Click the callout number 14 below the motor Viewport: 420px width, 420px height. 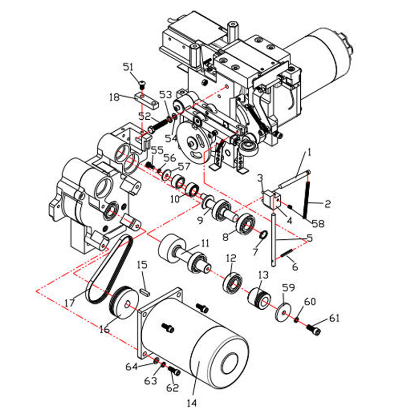point(192,403)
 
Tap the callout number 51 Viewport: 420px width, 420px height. point(128,67)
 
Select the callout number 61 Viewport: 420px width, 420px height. point(334,318)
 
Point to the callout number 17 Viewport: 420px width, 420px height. point(69,303)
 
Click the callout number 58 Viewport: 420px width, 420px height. point(318,224)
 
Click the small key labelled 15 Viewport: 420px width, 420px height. point(145,292)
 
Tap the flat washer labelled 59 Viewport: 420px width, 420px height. point(283,312)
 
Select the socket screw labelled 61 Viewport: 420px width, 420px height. point(313,329)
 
